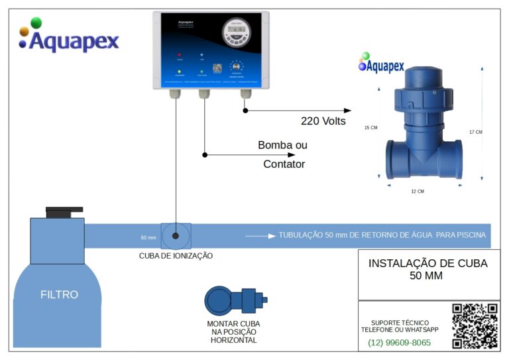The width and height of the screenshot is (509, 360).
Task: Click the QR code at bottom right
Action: [475, 326]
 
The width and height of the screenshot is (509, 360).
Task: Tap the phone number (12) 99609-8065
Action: [399, 343]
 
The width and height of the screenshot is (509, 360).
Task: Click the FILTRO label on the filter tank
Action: [59, 294]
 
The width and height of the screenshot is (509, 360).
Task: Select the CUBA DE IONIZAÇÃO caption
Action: [176, 255]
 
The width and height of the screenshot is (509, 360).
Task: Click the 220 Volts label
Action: [323, 121]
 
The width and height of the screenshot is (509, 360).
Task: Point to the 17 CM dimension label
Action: [475, 132]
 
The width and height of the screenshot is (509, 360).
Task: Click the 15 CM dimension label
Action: [370, 128]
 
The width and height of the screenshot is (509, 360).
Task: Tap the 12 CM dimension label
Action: [417, 191]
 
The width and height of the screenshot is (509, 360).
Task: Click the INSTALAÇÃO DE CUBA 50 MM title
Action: [427, 269]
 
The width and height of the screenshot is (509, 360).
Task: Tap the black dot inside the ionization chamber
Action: [176, 235]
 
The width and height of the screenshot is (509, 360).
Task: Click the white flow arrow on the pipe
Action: [260, 235]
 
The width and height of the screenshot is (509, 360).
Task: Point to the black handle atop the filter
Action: [64, 211]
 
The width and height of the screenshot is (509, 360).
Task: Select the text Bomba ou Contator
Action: [282, 154]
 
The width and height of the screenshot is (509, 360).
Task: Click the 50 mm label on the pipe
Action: [148, 237]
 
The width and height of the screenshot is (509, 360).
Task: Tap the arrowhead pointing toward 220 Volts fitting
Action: [347, 110]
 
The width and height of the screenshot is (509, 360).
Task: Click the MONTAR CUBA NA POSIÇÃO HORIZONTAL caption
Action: [233, 331]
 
